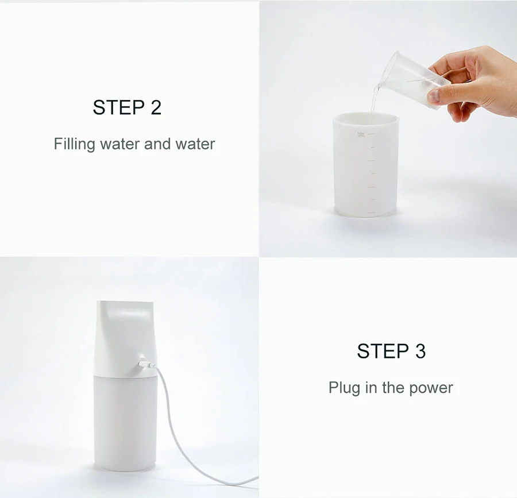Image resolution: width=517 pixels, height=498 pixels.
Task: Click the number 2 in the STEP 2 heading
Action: [x=156, y=107]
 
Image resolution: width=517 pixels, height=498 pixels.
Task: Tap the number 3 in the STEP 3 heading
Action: [x=420, y=351]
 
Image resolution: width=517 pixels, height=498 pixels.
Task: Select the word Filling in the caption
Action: [x=74, y=144]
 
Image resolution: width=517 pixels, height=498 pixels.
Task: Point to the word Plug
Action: [x=344, y=388]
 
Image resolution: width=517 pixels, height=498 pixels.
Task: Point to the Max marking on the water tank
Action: [x=361, y=134]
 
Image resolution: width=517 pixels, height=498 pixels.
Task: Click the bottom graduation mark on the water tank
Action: [x=371, y=213]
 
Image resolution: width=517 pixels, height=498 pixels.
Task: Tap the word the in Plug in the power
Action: [x=393, y=388]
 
